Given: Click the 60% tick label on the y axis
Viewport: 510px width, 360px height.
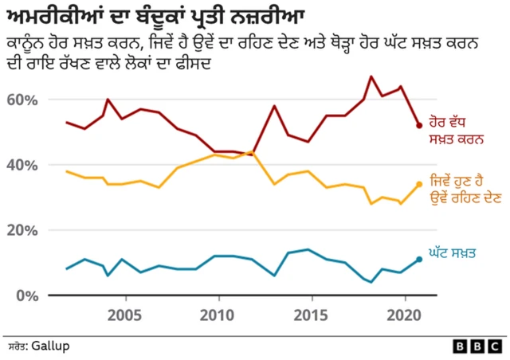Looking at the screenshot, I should coord(23,100).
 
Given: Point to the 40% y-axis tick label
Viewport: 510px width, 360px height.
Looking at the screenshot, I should coord(23,165).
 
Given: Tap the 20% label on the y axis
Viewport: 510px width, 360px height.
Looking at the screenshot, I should coord(23,230).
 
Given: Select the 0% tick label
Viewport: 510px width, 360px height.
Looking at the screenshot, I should coord(27,295).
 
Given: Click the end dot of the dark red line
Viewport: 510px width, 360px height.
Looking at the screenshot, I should coord(419,125).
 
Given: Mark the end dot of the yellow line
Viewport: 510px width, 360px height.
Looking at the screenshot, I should coord(419,184).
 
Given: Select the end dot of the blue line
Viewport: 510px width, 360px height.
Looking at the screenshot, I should coord(419,259).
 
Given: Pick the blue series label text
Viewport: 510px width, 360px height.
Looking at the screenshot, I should coord(458,253).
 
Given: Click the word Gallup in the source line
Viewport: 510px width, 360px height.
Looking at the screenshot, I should coord(50,346).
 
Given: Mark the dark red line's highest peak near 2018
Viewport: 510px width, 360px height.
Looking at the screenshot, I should coord(371,76).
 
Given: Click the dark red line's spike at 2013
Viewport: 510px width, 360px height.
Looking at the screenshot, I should coord(274,106).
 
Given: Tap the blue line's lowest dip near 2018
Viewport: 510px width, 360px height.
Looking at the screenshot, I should coord(371,282).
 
